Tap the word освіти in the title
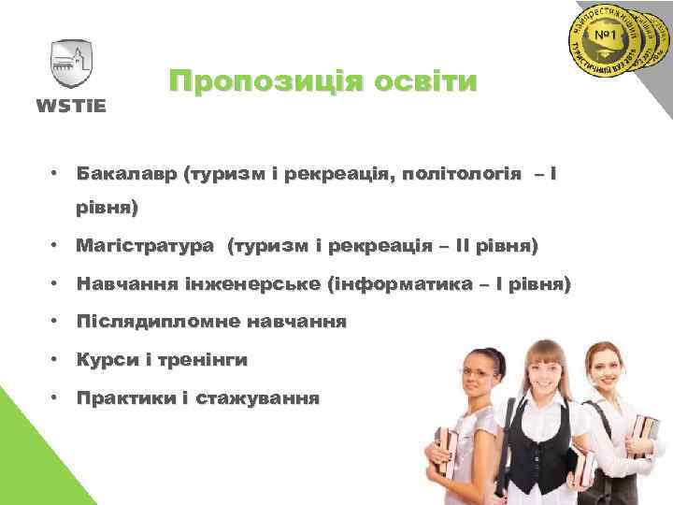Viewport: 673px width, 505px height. point(424,81)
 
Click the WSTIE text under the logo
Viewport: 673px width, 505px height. point(71,104)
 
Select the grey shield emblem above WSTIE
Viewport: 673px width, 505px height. point(71,64)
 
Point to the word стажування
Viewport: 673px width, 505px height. point(258,397)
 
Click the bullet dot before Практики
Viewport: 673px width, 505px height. point(57,397)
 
